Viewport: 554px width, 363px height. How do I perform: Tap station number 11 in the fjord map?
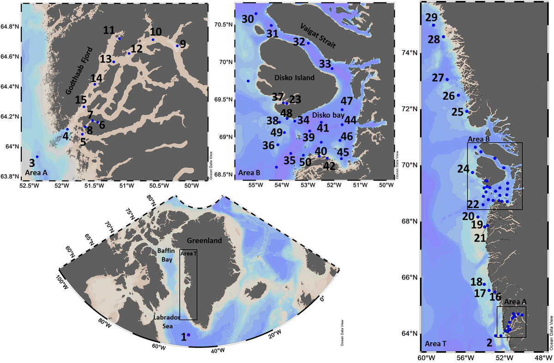[x=109, y=30]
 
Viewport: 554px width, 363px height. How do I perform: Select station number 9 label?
[x=183, y=44]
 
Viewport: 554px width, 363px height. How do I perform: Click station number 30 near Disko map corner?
[x=248, y=19]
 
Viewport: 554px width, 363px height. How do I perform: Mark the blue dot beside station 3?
[x=37, y=157]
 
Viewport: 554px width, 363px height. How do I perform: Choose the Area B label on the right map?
[x=478, y=139]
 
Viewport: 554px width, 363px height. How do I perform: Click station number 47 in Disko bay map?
[x=346, y=101]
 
